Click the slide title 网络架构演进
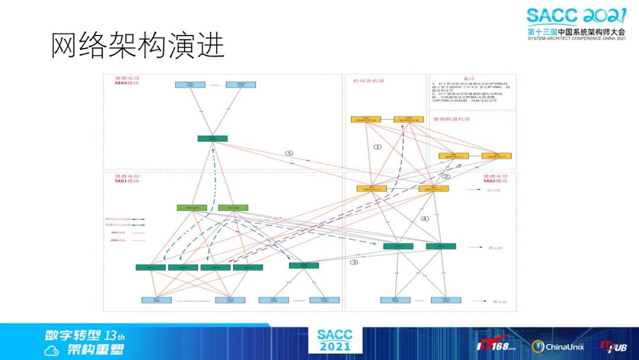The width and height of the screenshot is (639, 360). coord(138,45)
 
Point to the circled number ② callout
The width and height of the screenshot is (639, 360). coord(446,176)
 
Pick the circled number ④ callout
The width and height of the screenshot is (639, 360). coord(424,218)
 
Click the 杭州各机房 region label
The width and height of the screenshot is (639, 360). coord(369,81)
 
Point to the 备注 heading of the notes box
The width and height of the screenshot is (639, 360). coord(469,78)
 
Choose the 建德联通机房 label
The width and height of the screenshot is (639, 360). coord(451,119)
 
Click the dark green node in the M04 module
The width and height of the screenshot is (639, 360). coord(212,139)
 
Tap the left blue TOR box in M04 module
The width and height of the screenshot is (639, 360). coord(190,85)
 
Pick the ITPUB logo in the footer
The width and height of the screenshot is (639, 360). coord(613,346)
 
